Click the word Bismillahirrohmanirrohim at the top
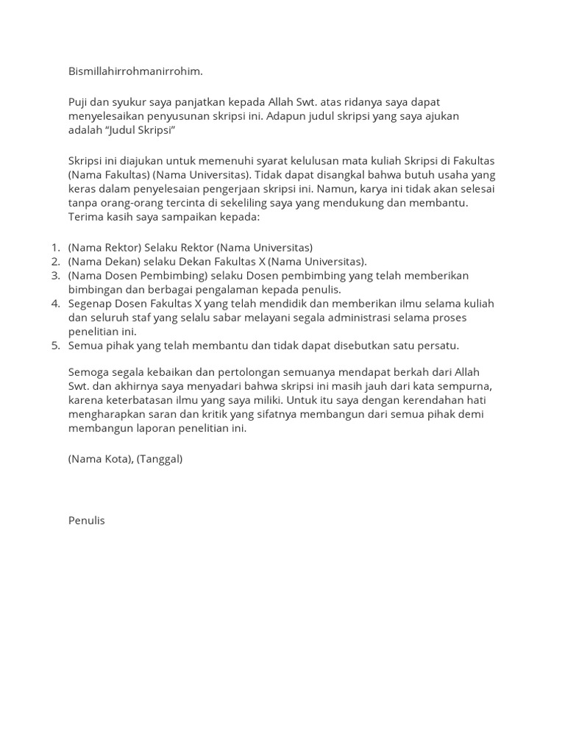click(135, 71)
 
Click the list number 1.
click(55, 247)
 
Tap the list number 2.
click(55, 261)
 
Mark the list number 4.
click(55, 303)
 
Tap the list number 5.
click(55, 345)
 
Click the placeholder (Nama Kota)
click(101, 458)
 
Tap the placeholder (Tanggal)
click(160, 458)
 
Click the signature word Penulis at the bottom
click(87, 520)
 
